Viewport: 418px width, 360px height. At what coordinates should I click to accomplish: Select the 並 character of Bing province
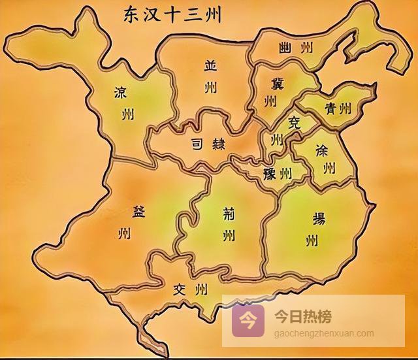[210, 65]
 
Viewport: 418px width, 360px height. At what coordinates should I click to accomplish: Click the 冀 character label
[269, 83]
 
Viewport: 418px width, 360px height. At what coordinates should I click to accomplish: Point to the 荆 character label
[227, 211]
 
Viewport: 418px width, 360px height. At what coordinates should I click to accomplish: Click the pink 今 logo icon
[248, 319]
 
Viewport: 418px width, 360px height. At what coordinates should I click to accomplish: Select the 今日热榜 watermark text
[302, 318]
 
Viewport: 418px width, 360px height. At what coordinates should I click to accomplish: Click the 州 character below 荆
[227, 235]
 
